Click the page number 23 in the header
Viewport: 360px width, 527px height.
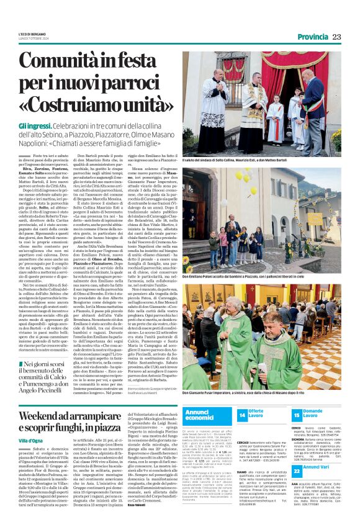pyautogui.click(x=337, y=37)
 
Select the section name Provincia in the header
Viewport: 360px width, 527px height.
pyautogui.click(x=312, y=37)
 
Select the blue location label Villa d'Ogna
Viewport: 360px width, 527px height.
pyautogui.click(x=30, y=440)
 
